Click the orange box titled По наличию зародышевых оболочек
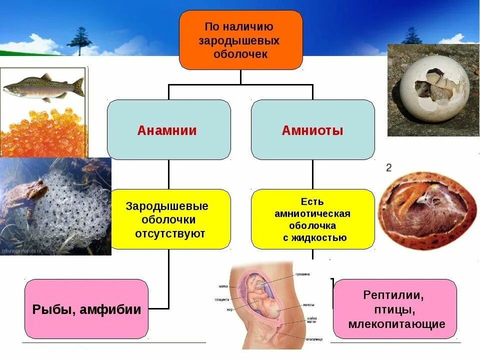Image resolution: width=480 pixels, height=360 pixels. coord(240,40)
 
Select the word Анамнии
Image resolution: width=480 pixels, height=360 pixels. coord(167,130)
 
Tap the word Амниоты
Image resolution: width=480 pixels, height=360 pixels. coord(312,130)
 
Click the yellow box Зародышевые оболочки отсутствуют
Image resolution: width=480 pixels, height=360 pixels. coord(169,219)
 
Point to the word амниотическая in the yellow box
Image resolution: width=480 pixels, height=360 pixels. coord(312,213)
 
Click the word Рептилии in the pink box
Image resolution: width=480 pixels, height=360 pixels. coord(393,295)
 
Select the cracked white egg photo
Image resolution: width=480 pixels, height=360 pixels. coord(432,90)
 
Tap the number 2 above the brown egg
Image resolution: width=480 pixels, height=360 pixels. coord(388,167)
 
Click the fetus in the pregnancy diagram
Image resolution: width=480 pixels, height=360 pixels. coord(262,300)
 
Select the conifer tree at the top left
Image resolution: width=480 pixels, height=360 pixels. coord(80,40)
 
